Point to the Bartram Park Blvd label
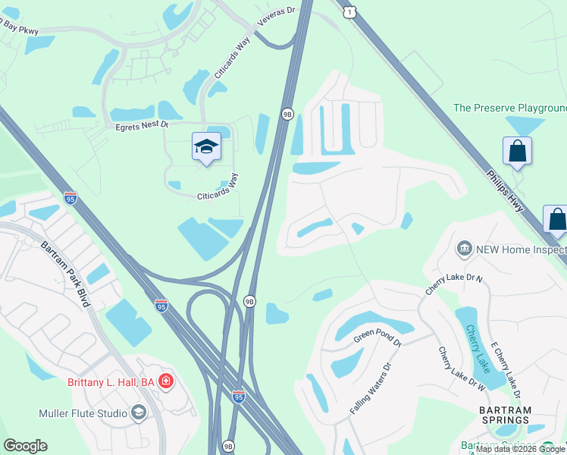click(66, 274)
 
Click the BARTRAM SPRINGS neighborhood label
click(505, 415)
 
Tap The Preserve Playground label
click(509, 108)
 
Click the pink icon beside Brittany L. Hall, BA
click(166, 381)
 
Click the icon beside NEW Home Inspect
click(464, 249)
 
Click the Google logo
click(25, 446)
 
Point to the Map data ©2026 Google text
click(521, 449)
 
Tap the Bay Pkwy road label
click(19, 27)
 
